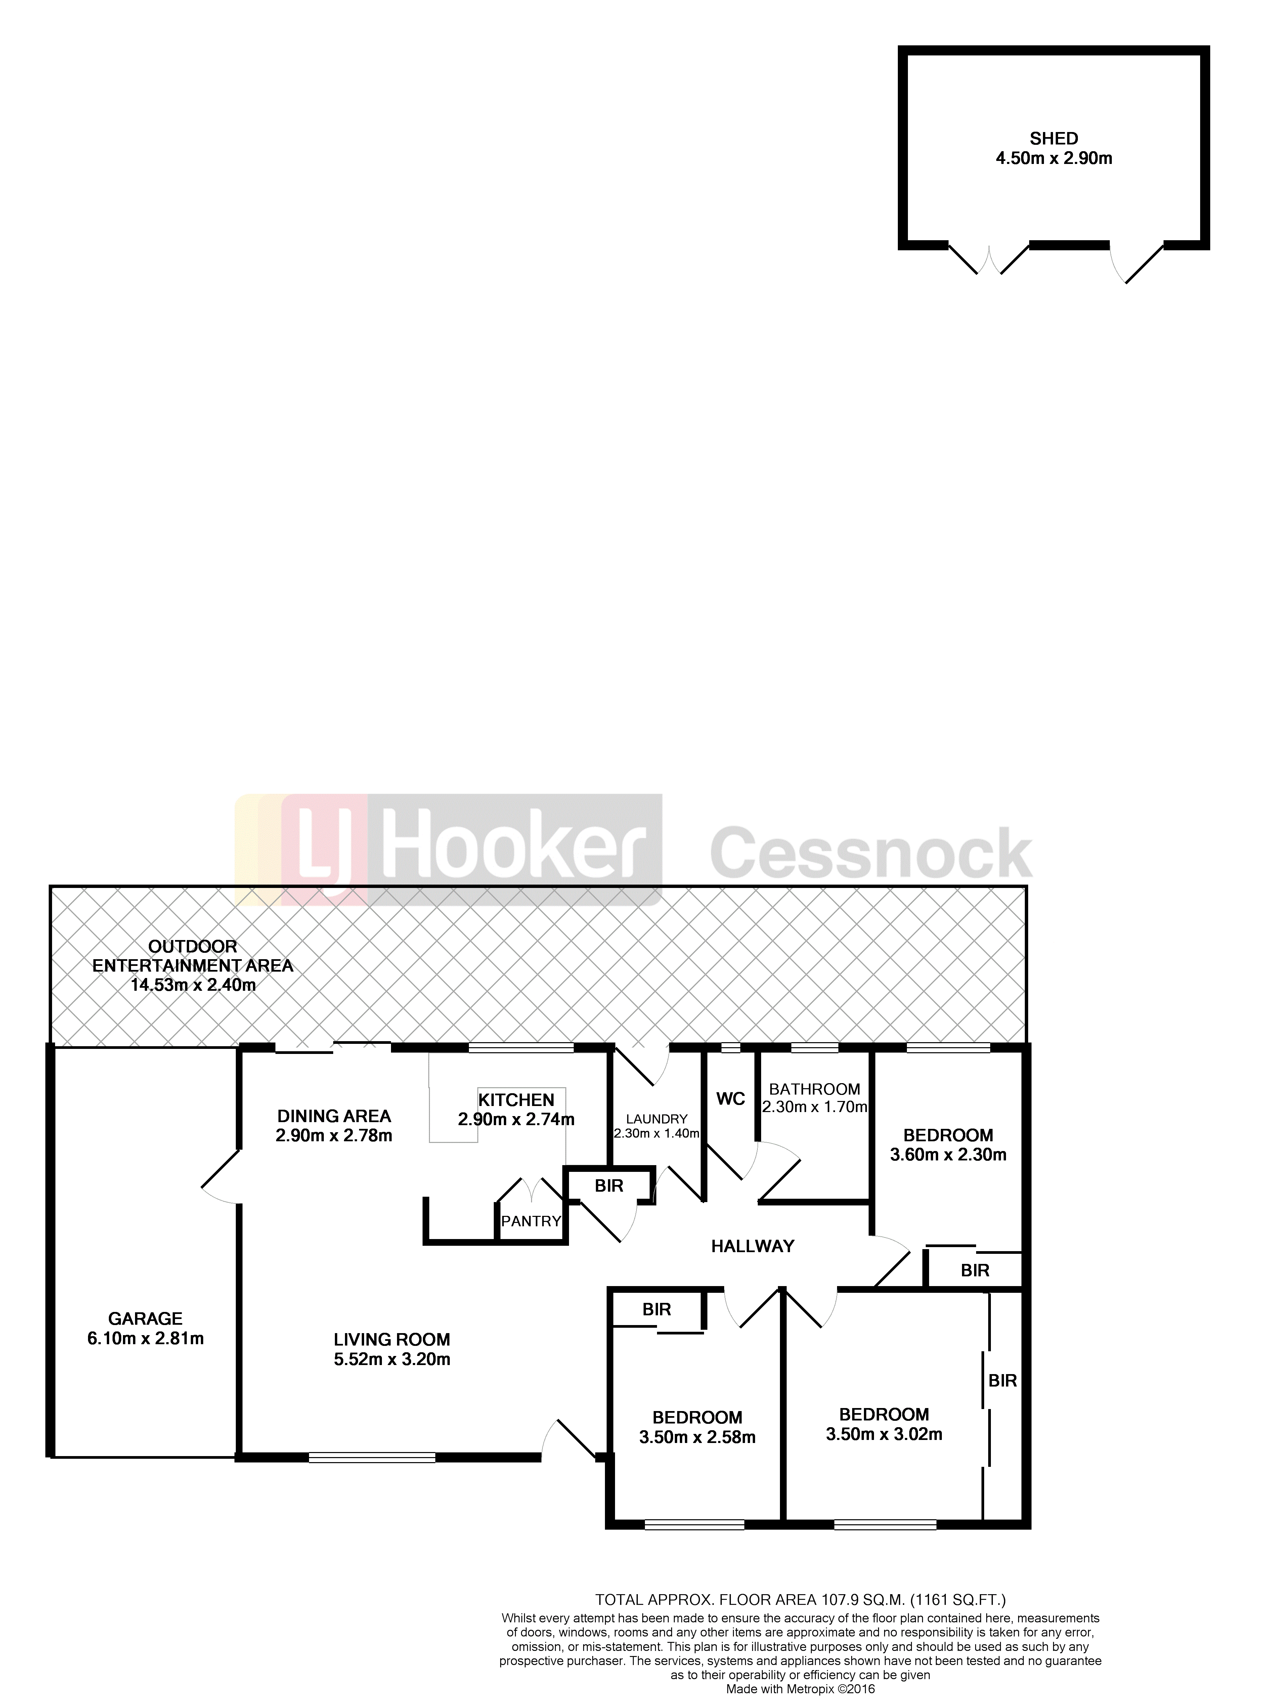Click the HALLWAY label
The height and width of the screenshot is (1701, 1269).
(753, 1246)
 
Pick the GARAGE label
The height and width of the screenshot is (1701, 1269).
(145, 1318)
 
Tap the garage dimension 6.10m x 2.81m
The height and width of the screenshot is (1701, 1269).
(146, 1338)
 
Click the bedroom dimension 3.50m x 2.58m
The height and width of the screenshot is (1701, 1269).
(698, 1438)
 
